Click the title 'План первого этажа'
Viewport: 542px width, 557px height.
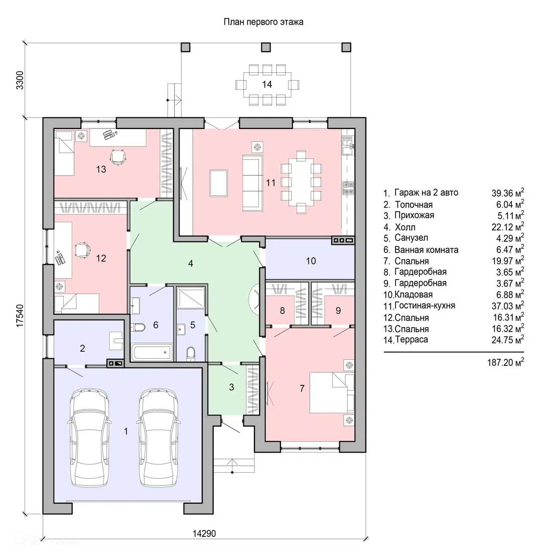coord(263,22)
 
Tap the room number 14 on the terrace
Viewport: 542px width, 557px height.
coord(267,84)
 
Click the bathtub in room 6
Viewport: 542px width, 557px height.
coord(152,352)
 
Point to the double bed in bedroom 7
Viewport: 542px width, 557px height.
coord(332,392)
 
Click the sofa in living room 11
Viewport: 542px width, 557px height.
coord(252,183)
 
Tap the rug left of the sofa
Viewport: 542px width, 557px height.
coord(218,183)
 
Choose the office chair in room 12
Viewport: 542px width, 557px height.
coord(82,250)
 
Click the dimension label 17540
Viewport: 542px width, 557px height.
coord(20,316)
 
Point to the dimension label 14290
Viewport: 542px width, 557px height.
coord(204,533)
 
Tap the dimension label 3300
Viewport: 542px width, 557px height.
coord(20,80)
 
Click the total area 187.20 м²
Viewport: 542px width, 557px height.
coord(505,362)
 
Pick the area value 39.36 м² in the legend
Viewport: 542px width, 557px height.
coord(508,193)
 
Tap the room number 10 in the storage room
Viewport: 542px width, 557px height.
coord(311,261)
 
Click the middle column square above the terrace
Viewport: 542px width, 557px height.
coord(265,47)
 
